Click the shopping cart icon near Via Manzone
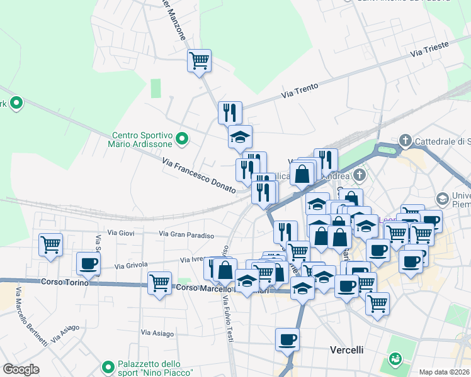(x=199, y=61)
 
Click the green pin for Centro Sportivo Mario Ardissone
(x=182, y=139)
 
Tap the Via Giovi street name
(x=121, y=233)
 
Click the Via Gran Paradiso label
(x=186, y=234)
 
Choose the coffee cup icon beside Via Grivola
(x=88, y=263)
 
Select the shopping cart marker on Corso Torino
(x=160, y=282)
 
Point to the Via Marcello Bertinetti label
(x=31, y=318)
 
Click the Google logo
(x=21, y=369)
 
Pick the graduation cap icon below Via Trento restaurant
(x=239, y=137)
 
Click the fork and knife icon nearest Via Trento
(x=230, y=112)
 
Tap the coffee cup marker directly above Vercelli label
(x=287, y=339)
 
